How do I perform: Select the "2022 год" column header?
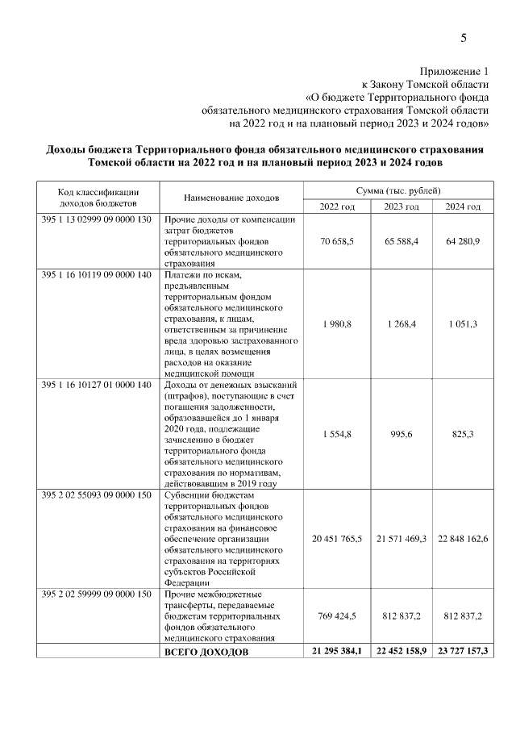337,206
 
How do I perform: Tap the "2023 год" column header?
401,206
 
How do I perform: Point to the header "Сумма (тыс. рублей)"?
398,190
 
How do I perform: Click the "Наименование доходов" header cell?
231,198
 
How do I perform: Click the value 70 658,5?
337,241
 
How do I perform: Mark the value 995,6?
401,433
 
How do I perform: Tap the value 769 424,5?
337,616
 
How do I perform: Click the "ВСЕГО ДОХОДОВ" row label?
206,651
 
